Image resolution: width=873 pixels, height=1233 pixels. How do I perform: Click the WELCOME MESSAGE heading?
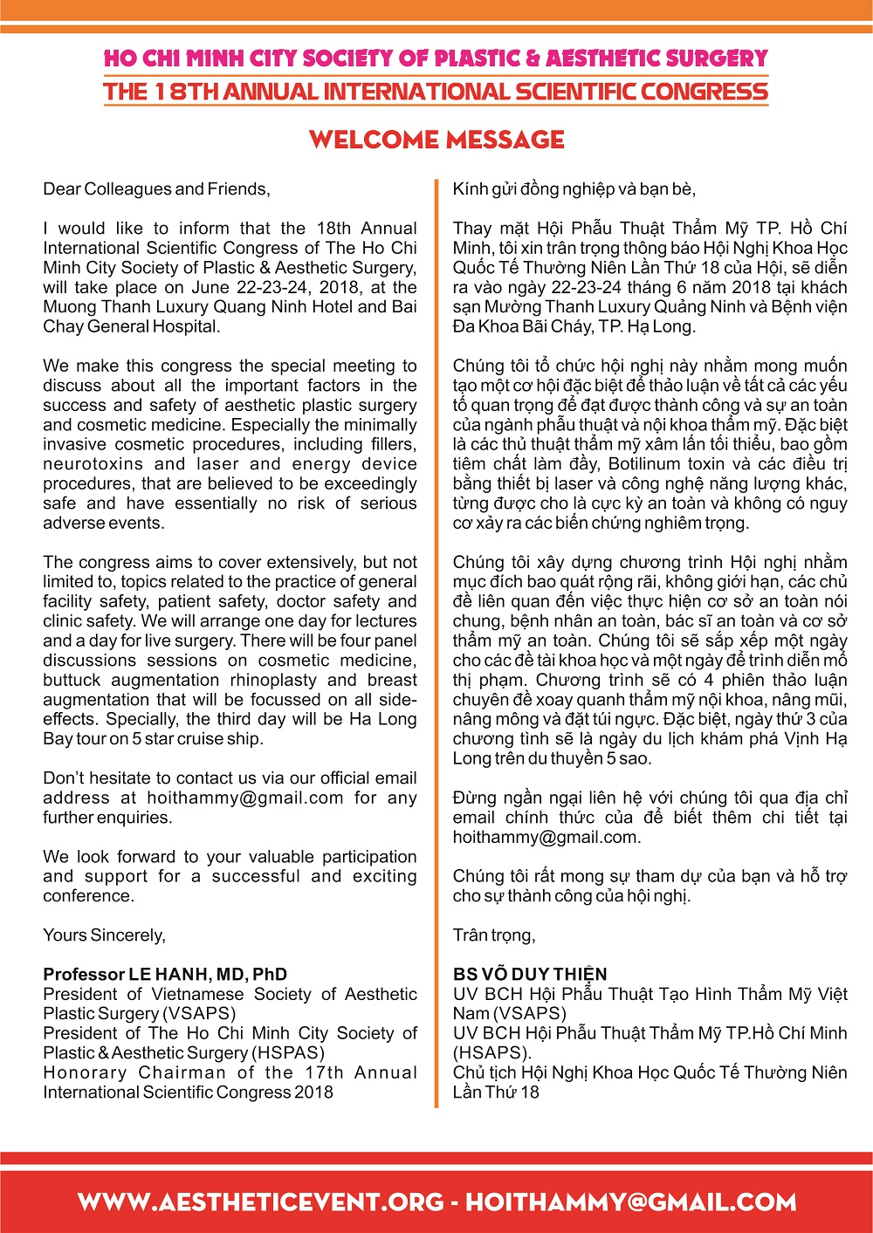point(436,140)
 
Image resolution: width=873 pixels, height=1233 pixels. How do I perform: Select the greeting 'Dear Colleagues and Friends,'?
point(156,189)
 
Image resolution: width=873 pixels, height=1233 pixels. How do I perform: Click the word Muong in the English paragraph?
point(68,307)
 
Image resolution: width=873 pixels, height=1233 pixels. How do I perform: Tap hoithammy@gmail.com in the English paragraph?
point(245,798)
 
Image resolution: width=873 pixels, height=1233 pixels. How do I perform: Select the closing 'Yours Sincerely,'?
point(104,935)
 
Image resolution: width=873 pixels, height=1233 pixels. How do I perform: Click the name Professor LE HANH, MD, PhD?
point(165,975)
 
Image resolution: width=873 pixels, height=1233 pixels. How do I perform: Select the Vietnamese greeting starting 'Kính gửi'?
point(574,189)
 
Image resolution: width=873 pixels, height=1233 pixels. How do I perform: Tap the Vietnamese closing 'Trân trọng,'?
point(494,935)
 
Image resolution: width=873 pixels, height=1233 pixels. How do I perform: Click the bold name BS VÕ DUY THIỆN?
point(530,975)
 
